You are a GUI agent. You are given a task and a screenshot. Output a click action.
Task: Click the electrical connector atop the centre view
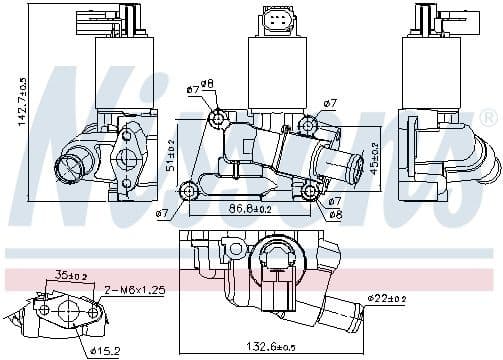(x=274, y=20)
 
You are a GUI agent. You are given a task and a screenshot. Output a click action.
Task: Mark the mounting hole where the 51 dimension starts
(x=217, y=122)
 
